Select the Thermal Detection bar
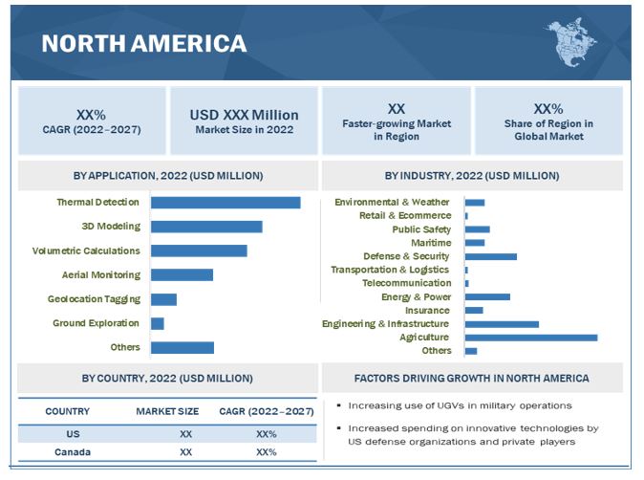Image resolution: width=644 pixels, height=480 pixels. pos(225,203)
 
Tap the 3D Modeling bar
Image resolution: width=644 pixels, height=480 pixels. pos(206,227)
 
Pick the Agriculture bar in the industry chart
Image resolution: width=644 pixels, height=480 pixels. pos(531,338)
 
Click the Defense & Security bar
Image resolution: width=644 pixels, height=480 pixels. pos(490,256)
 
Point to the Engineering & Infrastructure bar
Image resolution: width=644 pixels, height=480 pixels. pos(502,324)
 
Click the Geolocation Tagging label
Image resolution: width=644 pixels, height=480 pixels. pos(94,299)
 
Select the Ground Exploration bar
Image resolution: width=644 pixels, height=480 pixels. pos(158,324)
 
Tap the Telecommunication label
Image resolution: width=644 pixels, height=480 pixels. pos(406,283)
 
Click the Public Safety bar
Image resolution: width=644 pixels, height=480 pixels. pos(477,229)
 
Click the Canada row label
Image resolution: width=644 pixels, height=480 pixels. pos(67,452)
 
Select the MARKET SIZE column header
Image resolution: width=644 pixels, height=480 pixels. pos(167,411)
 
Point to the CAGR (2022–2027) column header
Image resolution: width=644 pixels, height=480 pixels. pos(266,411)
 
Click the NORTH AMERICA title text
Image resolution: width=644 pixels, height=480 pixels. pos(143,43)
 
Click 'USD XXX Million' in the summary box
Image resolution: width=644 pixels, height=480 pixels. pos(244,115)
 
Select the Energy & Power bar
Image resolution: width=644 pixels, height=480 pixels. pos(487,296)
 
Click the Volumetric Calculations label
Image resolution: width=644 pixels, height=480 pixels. pos(86,251)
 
